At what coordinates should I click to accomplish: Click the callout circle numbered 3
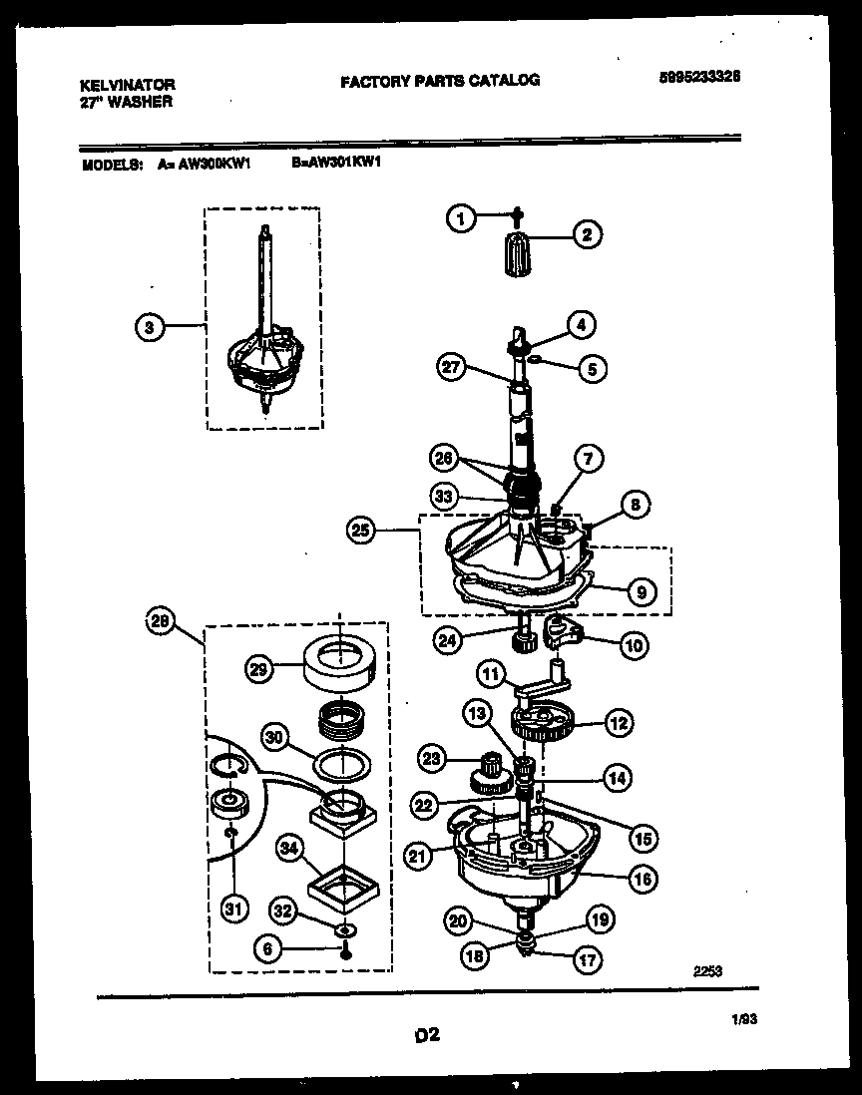148,326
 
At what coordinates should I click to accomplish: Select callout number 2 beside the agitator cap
586,235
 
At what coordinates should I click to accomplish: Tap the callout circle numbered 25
360,532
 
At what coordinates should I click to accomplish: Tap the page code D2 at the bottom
427,1036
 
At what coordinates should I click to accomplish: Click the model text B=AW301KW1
337,167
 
